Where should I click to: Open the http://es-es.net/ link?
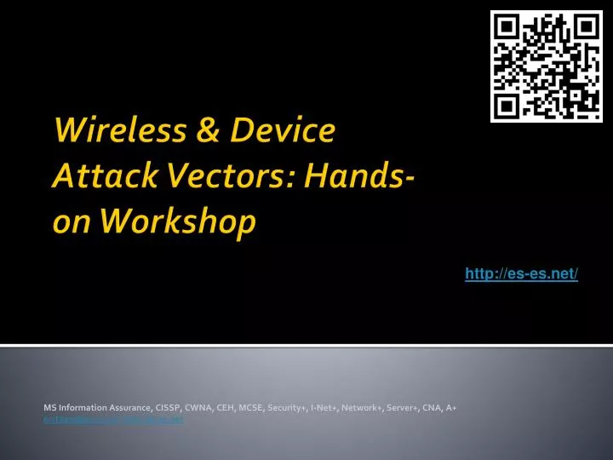521,273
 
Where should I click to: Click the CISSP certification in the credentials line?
161,409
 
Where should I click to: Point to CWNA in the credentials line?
192,409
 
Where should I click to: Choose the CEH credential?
220,409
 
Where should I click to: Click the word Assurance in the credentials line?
126,409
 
